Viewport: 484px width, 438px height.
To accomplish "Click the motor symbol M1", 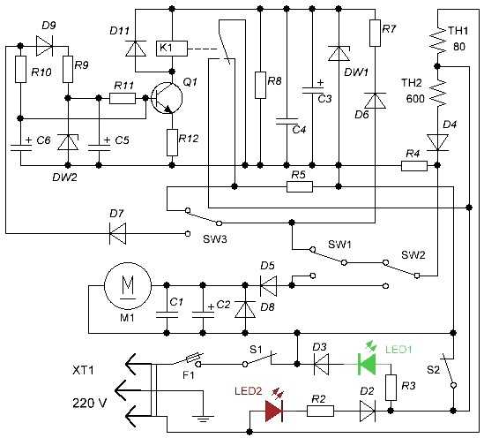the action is [x=128, y=286].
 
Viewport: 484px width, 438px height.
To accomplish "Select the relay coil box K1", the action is [x=172, y=49].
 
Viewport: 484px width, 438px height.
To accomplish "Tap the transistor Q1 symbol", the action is [x=167, y=98].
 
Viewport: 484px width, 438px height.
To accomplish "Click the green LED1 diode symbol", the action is [x=367, y=365].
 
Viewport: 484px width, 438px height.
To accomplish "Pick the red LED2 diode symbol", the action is [x=274, y=412].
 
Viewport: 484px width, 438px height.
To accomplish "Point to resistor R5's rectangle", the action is [x=300, y=186].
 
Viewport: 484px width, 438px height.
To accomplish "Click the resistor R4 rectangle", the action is [x=414, y=166].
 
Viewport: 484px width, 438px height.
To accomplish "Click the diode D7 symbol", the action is [x=118, y=233].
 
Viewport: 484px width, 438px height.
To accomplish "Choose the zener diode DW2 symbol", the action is [x=68, y=142].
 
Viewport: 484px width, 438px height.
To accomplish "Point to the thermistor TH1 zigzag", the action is [x=438, y=40].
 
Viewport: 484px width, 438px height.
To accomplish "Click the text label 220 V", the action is [x=90, y=404].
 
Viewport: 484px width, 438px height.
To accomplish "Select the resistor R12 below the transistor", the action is [x=172, y=142].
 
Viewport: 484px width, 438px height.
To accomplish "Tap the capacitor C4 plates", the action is [x=287, y=121].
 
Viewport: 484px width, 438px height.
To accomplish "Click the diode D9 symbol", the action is [x=44, y=47].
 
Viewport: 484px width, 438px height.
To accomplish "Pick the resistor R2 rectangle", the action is [x=320, y=412].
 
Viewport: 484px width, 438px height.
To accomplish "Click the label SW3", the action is [x=215, y=239].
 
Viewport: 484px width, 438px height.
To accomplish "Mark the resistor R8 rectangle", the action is [x=261, y=86].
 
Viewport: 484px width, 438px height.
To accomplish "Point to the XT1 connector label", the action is [x=83, y=370].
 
